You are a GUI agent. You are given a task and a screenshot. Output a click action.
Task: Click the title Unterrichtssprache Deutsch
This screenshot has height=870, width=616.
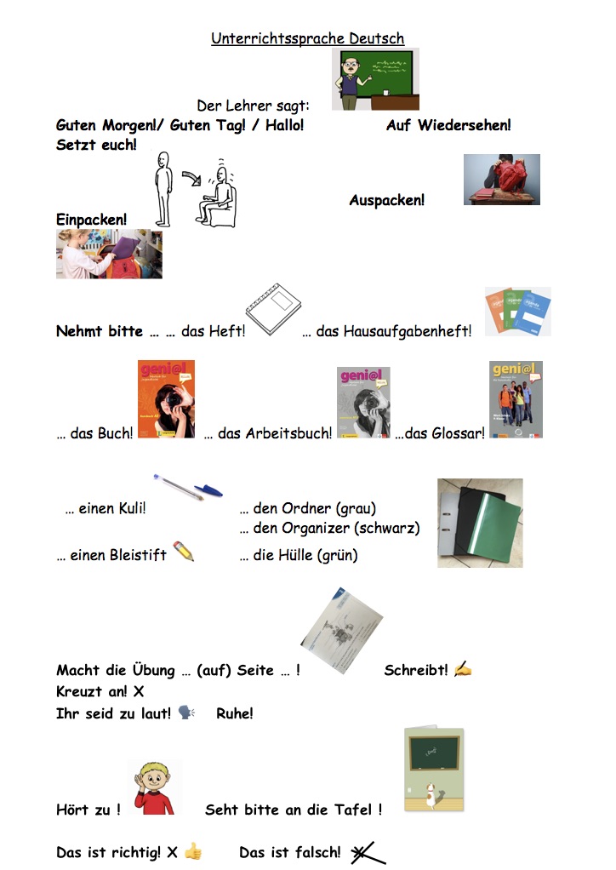307,38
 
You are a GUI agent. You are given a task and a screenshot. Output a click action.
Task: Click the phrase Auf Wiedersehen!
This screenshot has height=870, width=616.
448,125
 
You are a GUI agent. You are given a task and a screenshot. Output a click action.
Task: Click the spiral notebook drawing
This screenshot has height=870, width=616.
273,309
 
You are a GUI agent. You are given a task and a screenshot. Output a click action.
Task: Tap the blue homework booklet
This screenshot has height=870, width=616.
533,313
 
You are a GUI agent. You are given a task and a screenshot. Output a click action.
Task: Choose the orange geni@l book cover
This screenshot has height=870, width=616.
166,399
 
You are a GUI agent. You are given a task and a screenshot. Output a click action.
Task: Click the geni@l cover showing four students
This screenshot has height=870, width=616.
516,399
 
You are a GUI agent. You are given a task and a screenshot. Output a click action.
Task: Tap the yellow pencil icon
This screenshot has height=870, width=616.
184,551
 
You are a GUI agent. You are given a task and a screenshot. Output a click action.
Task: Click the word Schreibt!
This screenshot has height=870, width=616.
416,670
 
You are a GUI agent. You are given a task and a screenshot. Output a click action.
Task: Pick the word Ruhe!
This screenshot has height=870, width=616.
235,713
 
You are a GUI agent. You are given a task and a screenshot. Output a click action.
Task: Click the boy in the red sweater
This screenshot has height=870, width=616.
154,788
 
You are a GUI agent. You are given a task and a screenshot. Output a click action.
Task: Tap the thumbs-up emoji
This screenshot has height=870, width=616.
193,851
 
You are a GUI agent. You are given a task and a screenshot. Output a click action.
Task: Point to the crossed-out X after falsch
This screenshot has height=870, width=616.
367,853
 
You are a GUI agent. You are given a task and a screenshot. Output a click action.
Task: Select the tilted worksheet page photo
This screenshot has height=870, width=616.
341,631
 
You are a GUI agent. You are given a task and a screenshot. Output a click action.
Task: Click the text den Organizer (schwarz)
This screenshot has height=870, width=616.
329,528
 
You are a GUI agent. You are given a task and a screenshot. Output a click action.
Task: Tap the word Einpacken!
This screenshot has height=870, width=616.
92,220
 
